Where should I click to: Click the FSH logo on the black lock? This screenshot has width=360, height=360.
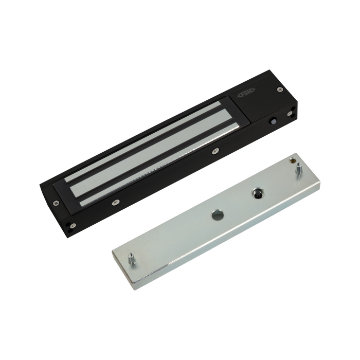pyautogui.click(x=247, y=93)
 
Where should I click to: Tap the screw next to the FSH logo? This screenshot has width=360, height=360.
pyautogui.click(x=279, y=89)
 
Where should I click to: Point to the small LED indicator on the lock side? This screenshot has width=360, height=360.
pyautogui.click(x=273, y=122)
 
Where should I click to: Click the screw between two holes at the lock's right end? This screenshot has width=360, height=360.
pyautogui.click(x=290, y=114)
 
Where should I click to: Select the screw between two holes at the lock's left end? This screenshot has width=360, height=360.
pyautogui.click(x=73, y=225)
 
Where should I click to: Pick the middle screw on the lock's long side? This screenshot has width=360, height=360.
pyautogui.click(x=215, y=151)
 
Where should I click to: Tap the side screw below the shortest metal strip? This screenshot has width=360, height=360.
pyautogui.click(x=116, y=202)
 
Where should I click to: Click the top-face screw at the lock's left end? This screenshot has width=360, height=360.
pyautogui.click(x=56, y=203)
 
